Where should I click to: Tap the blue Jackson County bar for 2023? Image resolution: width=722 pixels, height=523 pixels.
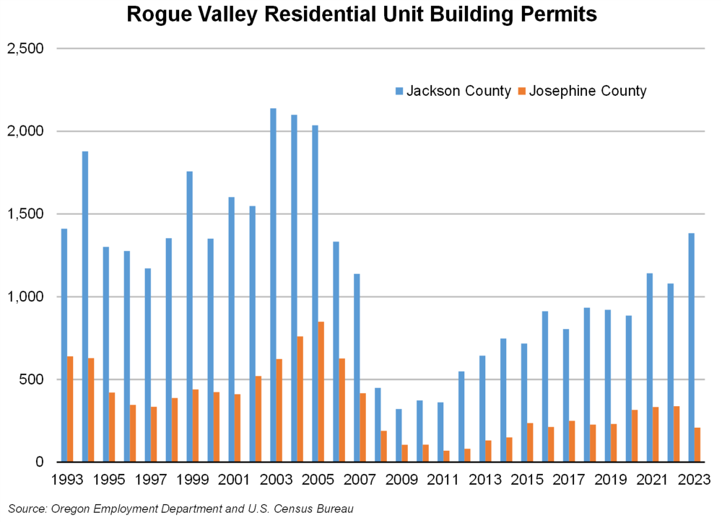coord(691,347)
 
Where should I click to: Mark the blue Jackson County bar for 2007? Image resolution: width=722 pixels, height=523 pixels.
coord(357,367)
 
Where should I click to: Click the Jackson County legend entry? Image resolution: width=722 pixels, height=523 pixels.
coord(453,91)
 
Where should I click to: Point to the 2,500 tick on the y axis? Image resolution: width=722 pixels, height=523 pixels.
coord(30,48)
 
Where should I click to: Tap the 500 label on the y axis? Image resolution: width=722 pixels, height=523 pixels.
coord(34,379)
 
